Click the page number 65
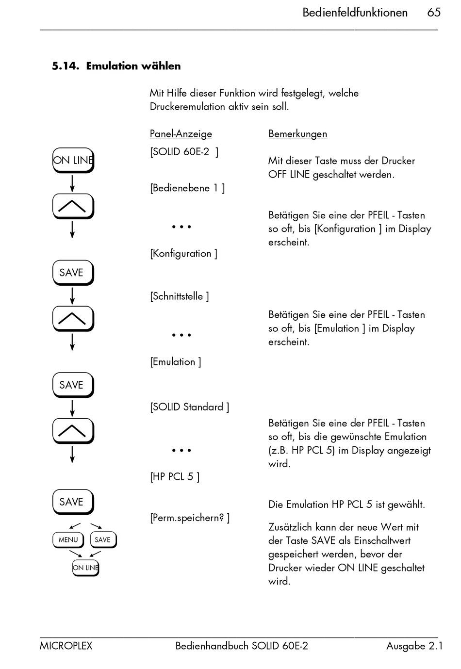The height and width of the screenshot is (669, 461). (433, 13)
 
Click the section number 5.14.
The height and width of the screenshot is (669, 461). (65, 66)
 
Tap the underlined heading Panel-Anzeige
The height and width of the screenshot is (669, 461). (181, 134)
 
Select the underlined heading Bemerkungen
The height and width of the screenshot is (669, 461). (297, 134)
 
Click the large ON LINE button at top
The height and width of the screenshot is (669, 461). (73, 160)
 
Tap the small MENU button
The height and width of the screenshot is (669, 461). (68, 539)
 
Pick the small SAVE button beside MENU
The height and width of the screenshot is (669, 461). (102, 539)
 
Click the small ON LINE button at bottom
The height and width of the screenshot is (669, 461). (85, 568)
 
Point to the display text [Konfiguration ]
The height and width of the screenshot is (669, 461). (183, 254)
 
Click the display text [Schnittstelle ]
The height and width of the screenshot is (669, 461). (179, 296)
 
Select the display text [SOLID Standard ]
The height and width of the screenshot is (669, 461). (189, 407)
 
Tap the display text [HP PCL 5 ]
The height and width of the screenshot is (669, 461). (174, 477)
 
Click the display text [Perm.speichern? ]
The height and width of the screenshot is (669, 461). (190, 518)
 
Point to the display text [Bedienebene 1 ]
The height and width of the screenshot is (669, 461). (187, 188)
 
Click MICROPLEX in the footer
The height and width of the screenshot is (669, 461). (66, 646)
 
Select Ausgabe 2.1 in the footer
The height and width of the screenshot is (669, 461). (414, 646)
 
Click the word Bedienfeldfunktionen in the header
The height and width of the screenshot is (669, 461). (355, 13)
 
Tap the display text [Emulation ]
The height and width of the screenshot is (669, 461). (175, 362)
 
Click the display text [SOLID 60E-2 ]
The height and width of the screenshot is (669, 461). (184, 152)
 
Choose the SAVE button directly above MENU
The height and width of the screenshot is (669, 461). (72, 502)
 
